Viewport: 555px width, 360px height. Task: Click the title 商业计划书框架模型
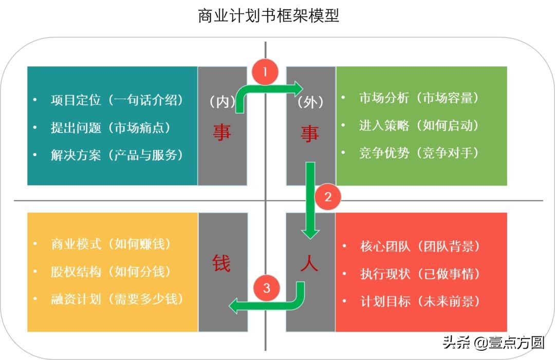pyautogui.click(x=268, y=16)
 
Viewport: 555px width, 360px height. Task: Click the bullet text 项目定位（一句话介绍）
pyautogui.click(x=117, y=100)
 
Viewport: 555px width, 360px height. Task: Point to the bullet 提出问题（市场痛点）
pyautogui.click(x=110, y=127)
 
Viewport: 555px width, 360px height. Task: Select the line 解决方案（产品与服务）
pyautogui.click(x=117, y=155)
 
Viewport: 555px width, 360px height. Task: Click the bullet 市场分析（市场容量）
pyautogui.click(x=419, y=98)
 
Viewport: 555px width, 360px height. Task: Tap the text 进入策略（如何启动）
pyautogui.click(x=419, y=125)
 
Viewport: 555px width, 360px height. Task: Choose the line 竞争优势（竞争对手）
pyautogui.click(x=419, y=153)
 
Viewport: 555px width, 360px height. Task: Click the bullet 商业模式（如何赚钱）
pyautogui.click(x=110, y=244)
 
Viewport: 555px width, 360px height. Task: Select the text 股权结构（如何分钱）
pyautogui.click(x=110, y=271)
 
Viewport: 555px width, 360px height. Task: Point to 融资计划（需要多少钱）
pyautogui.click(x=117, y=299)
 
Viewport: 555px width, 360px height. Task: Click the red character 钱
pyautogui.click(x=222, y=263)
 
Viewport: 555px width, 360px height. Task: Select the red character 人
pyautogui.click(x=309, y=263)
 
